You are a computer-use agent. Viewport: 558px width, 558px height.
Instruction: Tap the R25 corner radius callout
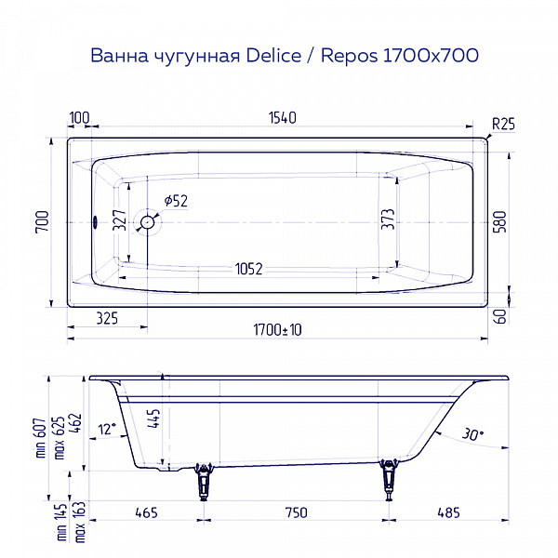[x=502, y=123]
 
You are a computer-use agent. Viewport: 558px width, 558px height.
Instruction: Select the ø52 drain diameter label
[x=176, y=201]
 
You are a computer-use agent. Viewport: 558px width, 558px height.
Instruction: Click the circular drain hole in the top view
[x=147, y=222]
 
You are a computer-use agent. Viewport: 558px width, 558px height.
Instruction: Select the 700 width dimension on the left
[x=41, y=222]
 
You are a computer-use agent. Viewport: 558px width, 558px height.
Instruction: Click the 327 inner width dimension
[x=119, y=219]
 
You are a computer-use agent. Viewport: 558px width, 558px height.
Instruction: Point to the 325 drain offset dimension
[x=107, y=319]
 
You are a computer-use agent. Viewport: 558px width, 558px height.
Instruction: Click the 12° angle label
[x=106, y=428]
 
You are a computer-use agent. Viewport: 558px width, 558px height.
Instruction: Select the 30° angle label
[x=472, y=432]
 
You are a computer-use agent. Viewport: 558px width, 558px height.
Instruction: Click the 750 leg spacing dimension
[x=296, y=512]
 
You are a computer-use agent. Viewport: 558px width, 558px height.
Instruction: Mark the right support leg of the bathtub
[x=390, y=480]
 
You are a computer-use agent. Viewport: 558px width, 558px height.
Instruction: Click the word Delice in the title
[x=269, y=56]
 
